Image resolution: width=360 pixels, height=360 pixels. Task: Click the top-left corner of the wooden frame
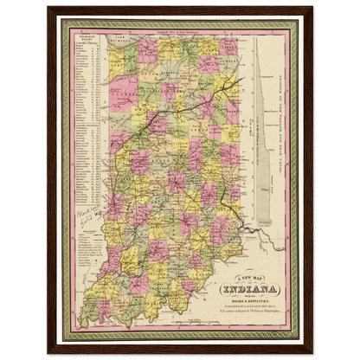tap(50, 8)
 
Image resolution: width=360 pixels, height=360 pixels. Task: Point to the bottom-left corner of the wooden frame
tap(50, 351)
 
